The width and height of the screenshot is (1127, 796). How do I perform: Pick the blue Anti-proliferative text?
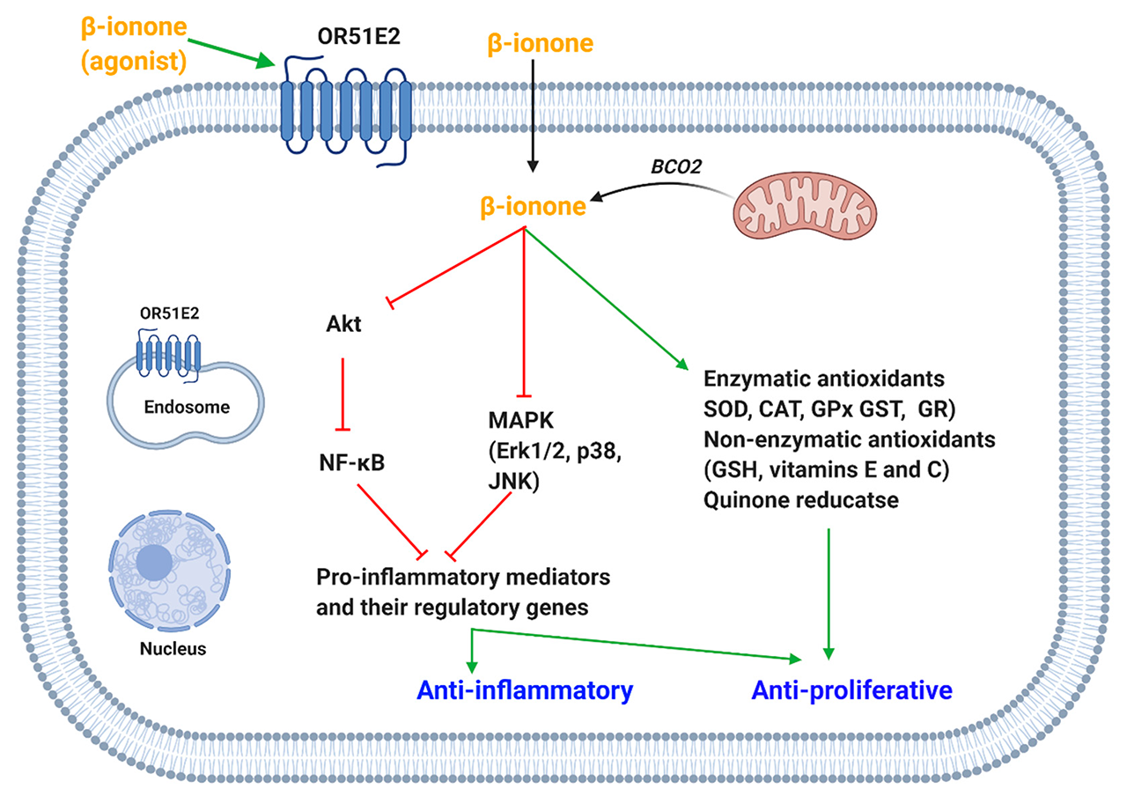851,689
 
